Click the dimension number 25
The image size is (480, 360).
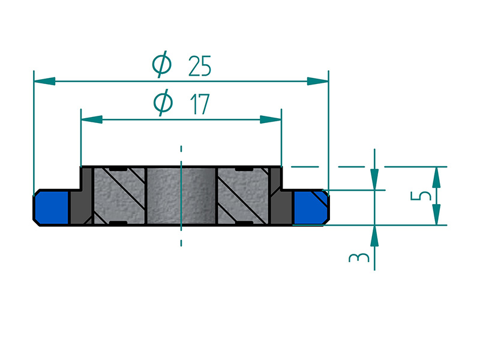click(199, 66)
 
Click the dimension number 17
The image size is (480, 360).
click(199, 104)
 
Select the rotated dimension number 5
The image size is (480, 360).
click(422, 196)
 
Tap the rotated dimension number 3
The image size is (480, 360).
click(359, 258)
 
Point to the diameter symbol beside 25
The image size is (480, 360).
click(162, 65)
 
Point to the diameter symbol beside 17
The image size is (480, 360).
click(162, 103)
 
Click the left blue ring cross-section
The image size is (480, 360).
click(52, 208)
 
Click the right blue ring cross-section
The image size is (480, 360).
click(310, 208)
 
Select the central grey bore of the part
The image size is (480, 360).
click(181, 196)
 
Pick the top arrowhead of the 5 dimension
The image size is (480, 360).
click(437, 176)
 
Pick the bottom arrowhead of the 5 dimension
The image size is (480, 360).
click(437, 215)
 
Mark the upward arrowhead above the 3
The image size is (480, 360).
click(374, 235)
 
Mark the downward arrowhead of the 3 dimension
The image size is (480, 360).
click(374, 179)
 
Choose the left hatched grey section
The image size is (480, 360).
click(118, 196)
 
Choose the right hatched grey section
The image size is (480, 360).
click(244, 196)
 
